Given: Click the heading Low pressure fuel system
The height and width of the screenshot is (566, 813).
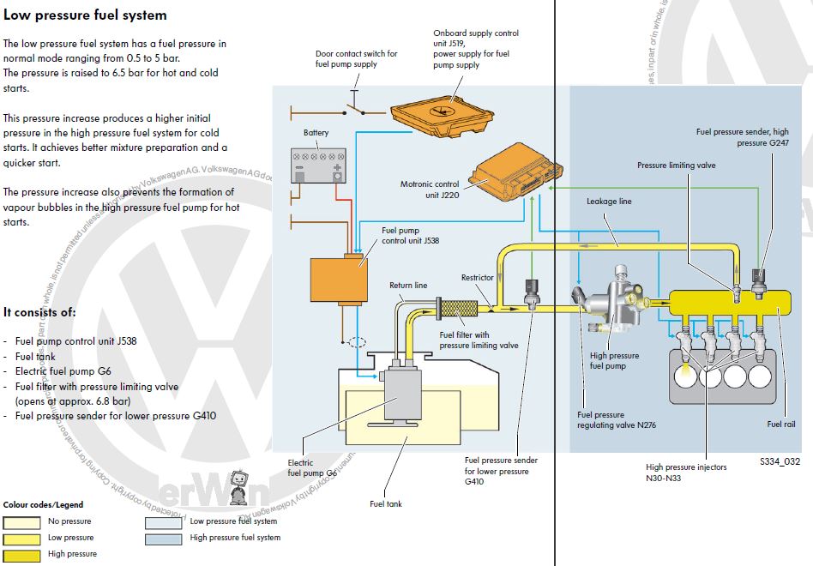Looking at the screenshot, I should (85, 15).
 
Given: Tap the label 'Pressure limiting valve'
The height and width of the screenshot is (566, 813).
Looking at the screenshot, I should (676, 165).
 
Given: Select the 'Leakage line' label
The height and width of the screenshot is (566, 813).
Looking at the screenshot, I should (609, 202).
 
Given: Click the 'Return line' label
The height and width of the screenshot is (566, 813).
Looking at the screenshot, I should (408, 286).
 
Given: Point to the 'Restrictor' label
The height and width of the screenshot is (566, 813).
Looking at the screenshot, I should (478, 278).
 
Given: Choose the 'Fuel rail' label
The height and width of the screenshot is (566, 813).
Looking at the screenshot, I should (780, 424).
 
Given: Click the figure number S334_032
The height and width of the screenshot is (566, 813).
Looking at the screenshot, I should (779, 461).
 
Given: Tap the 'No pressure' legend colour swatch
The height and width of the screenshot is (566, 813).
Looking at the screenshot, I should (21, 521).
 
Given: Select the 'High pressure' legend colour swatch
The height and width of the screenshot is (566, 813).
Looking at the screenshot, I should (21, 554).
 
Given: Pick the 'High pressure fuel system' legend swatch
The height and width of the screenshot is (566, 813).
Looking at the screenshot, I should (163, 539).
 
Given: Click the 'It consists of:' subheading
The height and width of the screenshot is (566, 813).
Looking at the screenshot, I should (39, 312).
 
